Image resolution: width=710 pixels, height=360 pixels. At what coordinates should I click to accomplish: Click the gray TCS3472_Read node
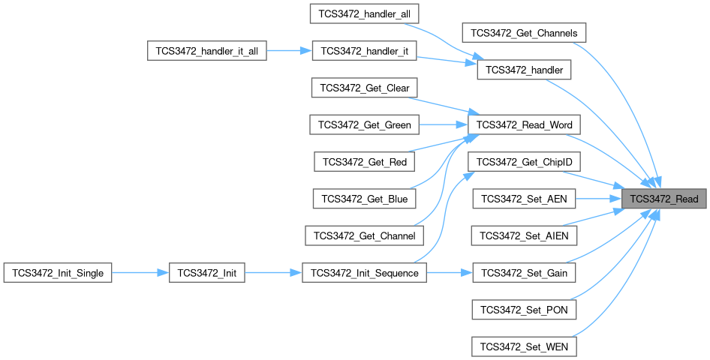point(664,199)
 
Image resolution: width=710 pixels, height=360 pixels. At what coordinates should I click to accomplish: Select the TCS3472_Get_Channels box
point(524,33)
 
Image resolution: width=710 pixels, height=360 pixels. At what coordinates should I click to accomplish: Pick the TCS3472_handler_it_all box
point(206,52)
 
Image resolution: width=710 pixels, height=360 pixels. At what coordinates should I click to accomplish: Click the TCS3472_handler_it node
point(365,52)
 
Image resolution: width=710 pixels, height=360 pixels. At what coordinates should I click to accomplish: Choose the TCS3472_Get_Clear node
point(365,88)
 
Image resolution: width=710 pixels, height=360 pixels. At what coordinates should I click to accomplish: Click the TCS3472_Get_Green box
point(365,124)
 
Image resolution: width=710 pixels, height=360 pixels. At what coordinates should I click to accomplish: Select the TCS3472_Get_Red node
point(365,160)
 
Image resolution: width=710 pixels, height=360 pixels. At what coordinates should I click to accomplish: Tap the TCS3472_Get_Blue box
point(365,199)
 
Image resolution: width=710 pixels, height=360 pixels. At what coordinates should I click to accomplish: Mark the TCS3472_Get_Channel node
point(365,235)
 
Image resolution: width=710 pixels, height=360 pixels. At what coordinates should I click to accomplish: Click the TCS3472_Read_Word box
point(525,124)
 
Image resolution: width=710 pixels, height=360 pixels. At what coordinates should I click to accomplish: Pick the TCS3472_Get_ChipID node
point(525,161)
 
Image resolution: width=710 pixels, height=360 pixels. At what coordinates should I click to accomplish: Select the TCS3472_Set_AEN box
point(525,199)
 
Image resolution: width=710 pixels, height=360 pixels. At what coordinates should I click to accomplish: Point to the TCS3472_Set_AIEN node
point(525,235)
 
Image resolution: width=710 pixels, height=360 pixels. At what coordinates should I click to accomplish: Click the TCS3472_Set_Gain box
point(525,273)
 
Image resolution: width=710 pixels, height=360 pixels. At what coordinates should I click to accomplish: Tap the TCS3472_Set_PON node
point(525,309)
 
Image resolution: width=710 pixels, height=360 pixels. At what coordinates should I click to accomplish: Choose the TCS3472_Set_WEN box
point(525,346)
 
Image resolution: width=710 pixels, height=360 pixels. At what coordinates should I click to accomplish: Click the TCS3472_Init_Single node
point(59,273)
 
